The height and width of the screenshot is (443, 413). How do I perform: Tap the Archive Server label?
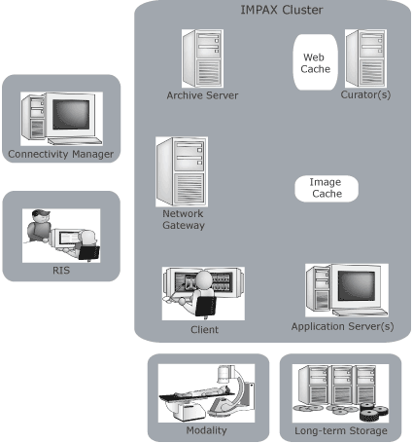202,95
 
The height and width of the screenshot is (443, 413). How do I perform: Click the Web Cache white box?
314,63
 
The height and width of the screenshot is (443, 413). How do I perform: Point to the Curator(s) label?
365,95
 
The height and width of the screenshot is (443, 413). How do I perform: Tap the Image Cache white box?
326,188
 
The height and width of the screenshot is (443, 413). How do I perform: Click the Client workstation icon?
202,291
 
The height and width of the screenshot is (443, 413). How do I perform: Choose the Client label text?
204,329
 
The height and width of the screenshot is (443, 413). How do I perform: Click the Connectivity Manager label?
61,154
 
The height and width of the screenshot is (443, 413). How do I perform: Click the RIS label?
60,271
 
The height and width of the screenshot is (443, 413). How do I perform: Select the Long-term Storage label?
340,430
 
